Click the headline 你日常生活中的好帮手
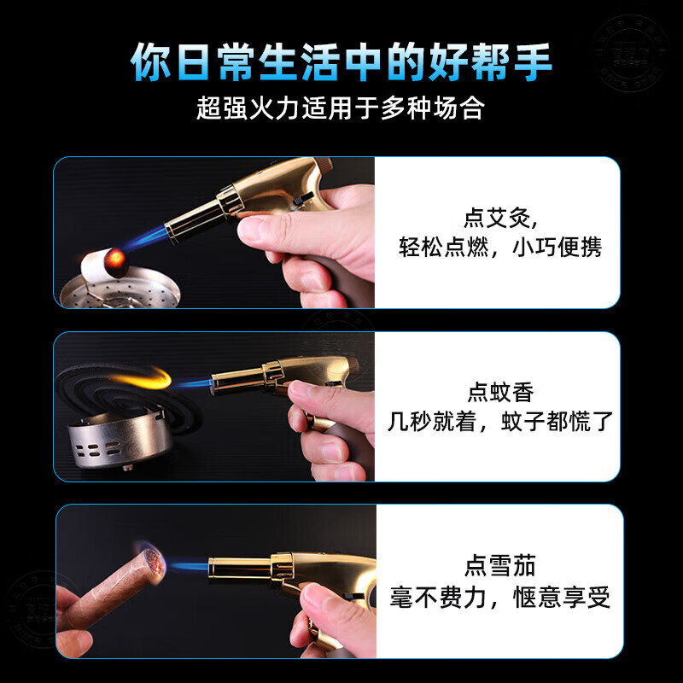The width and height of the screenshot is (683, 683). click(x=341, y=62)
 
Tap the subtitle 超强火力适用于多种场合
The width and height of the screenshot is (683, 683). click(x=341, y=108)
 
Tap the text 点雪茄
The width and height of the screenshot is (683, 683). click(x=500, y=565)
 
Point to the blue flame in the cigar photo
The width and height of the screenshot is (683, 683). click(x=184, y=566)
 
